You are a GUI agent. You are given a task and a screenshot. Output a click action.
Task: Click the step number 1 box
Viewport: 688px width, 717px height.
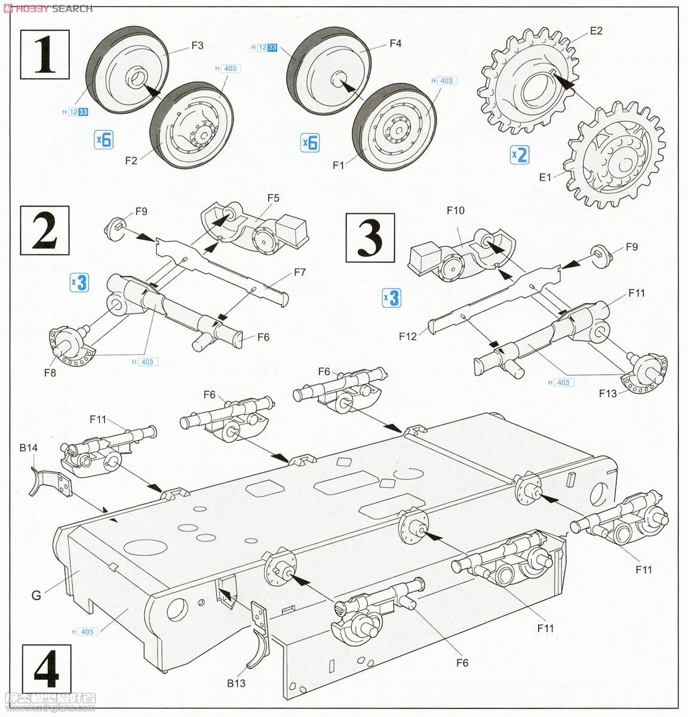(45, 55)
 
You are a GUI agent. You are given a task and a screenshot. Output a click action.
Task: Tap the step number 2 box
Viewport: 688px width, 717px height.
(45, 231)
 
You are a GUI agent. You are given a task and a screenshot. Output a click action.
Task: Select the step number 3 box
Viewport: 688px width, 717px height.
(371, 238)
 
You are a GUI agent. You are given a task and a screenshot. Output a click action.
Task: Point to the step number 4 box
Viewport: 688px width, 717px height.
(46, 670)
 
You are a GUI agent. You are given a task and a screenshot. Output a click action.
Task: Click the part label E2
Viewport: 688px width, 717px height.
(595, 32)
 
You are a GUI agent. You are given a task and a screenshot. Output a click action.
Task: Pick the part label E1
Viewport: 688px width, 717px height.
(544, 177)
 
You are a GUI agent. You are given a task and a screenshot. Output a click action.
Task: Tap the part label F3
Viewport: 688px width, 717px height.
(197, 45)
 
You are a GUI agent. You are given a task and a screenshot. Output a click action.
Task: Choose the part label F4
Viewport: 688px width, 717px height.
(395, 43)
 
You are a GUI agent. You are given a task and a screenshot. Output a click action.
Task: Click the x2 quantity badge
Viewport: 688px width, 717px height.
(520, 154)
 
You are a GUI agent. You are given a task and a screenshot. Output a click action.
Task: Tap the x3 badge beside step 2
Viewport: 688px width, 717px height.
(79, 282)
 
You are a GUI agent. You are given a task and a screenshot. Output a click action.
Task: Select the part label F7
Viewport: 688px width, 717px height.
(299, 272)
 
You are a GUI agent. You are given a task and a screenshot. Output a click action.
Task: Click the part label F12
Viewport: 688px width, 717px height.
(408, 336)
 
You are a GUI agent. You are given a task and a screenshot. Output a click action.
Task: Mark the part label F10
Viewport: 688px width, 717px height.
(455, 210)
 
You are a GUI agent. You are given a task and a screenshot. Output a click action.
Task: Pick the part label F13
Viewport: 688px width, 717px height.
(609, 393)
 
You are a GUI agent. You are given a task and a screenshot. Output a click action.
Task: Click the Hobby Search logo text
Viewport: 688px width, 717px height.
(47, 8)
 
